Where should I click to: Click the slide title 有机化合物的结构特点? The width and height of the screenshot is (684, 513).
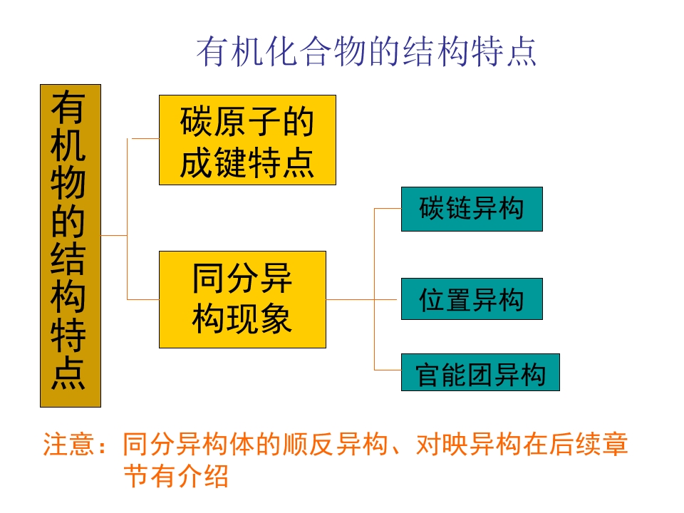click(366, 52)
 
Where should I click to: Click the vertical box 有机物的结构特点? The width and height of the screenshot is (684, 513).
click(70, 246)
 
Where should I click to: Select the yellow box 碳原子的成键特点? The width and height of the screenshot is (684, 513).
click(247, 140)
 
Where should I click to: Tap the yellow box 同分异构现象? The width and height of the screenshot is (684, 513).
click(242, 299)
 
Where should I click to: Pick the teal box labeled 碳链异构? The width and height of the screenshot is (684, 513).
click(471, 209)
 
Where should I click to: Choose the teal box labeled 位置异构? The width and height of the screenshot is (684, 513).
click(471, 299)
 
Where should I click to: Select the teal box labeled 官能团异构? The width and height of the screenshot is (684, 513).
click(480, 373)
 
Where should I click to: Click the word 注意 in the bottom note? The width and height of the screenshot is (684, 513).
click(69, 445)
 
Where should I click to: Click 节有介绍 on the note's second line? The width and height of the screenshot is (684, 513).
click(176, 476)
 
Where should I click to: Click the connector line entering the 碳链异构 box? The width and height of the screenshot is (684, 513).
click(388, 209)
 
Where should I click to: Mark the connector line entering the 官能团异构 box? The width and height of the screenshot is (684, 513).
click(388, 370)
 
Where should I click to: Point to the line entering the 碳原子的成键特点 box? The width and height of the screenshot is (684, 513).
click(142, 138)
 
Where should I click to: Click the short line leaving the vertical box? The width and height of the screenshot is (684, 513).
click(114, 235)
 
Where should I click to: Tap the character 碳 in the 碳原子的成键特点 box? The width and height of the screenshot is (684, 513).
click(194, 123)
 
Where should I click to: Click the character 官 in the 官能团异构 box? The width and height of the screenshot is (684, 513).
click(428, 373)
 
